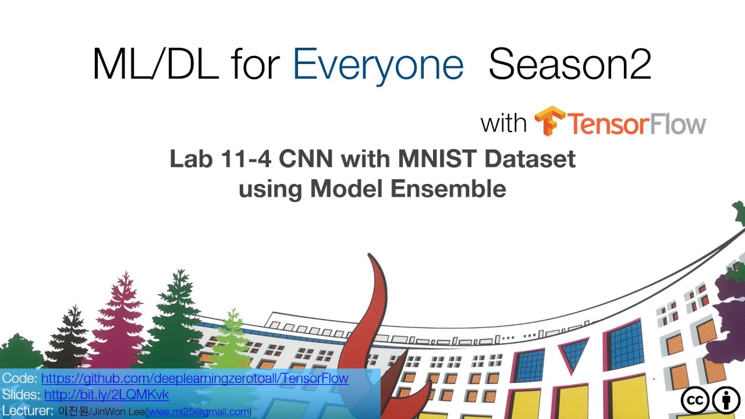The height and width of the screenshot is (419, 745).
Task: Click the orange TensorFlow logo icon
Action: pos(549,121)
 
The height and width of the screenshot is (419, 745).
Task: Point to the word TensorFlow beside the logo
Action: pos(636,123)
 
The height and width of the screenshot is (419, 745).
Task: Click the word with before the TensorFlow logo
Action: pos(503,123)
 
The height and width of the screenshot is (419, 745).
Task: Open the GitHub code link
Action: pos(194,378)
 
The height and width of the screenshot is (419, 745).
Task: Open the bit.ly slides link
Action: pos(107,395)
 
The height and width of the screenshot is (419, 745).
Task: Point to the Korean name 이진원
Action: pos(73,411)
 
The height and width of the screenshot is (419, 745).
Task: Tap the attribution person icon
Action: pos(726,401)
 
